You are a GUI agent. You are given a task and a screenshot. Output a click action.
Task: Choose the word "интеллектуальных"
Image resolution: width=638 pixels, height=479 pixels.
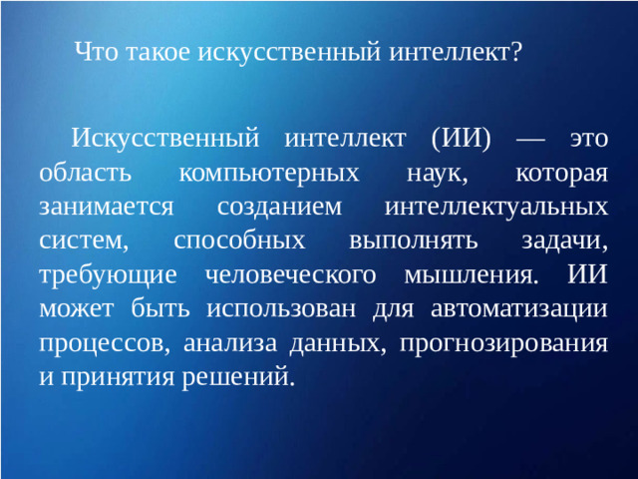point(495,207)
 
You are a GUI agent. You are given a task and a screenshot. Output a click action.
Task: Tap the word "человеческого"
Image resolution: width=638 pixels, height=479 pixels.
point(287,274)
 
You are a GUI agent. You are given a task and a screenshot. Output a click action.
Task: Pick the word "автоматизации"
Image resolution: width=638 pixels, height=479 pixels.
point(521,308)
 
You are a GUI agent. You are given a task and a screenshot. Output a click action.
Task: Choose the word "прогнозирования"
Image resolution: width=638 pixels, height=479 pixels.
point(502,343)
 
